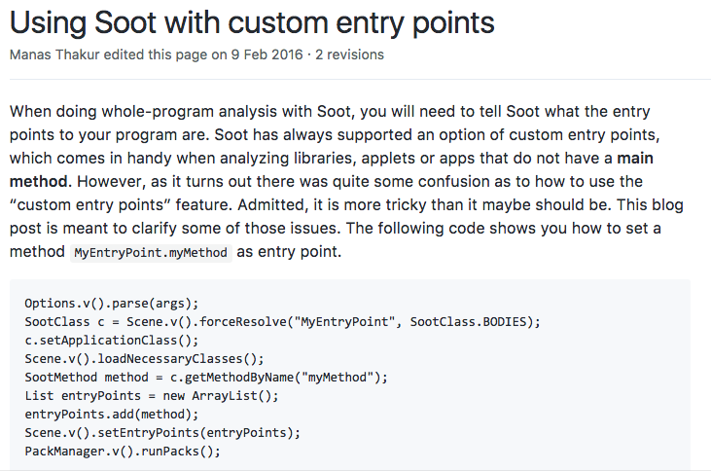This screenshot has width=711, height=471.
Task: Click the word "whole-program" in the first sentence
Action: pos(148,112)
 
